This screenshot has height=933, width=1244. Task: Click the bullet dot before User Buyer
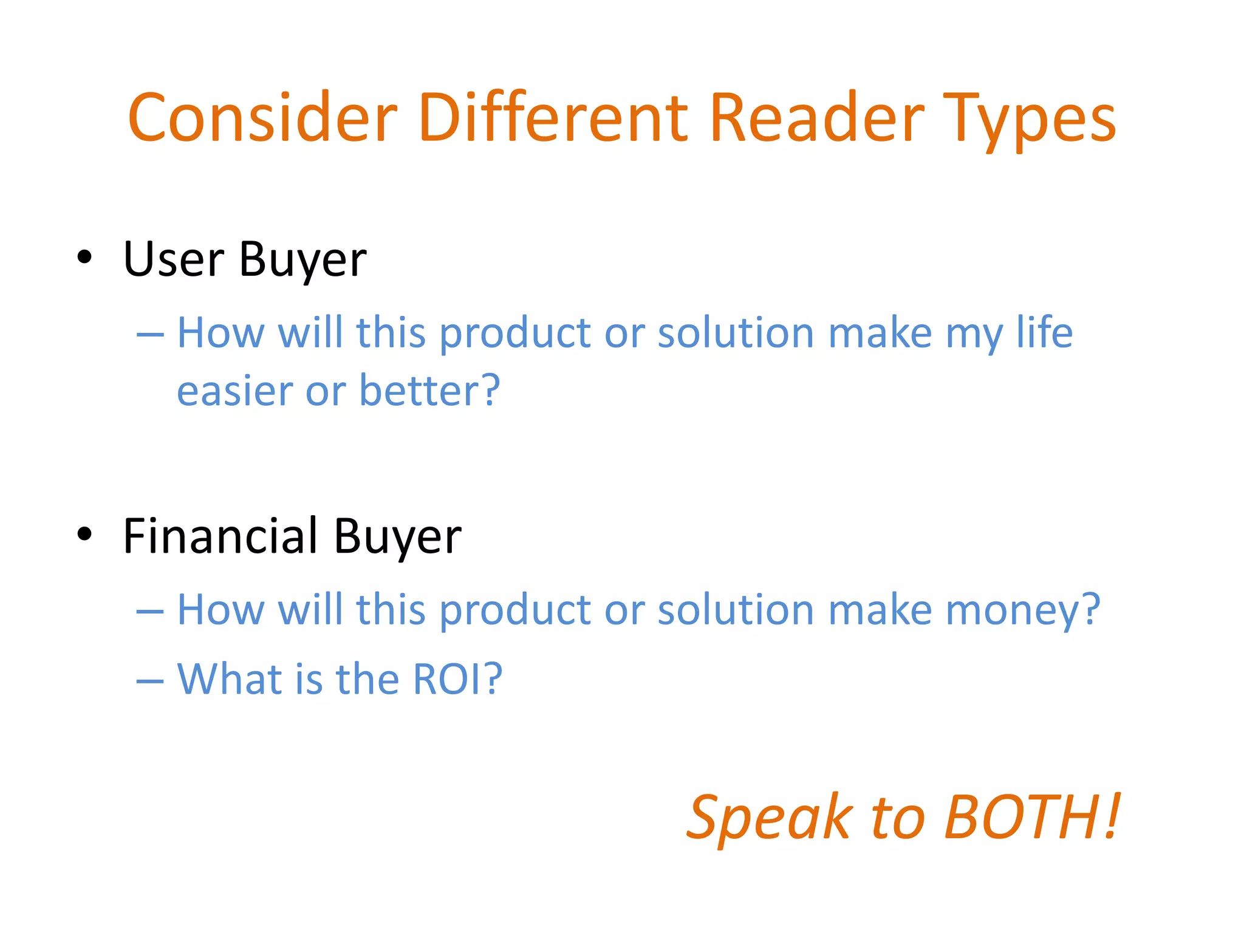pos(85,257)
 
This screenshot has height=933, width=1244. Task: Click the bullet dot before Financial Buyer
pos(85,534)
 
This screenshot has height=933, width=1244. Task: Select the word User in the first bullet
pos(174,259)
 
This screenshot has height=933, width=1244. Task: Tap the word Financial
pos(220,536)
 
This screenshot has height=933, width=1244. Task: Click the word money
pos(1023,609)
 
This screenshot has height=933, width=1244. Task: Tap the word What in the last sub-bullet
pos(230,678)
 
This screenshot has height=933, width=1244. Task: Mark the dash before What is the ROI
pos(150,681)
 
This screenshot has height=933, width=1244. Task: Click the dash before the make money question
pos(150,610)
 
